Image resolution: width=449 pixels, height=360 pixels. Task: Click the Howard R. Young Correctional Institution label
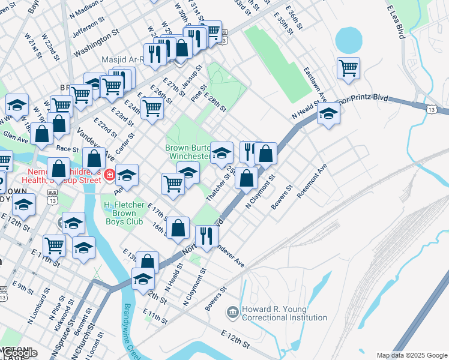coord(284,313)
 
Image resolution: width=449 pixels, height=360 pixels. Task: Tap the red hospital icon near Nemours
coord(109,175)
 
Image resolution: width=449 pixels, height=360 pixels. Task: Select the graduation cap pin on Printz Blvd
coord(329,114)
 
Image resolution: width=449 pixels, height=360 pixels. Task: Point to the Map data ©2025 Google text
coord(412,355)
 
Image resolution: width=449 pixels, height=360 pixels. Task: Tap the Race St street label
coord(67,148)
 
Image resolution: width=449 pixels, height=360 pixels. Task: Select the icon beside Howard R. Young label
coord(232,313)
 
